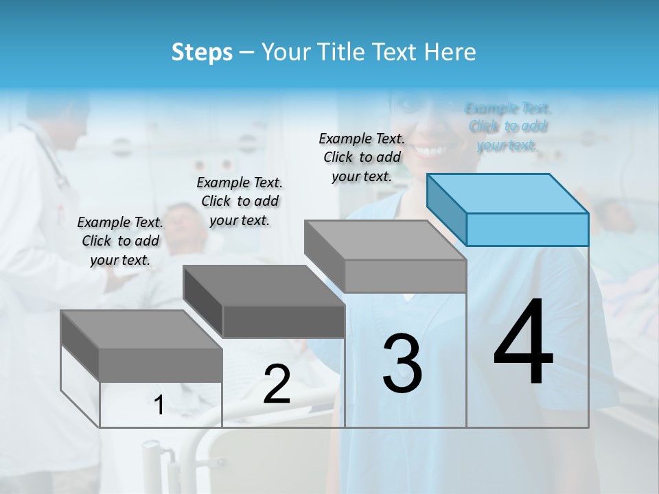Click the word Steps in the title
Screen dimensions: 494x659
202,52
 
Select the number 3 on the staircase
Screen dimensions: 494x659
402,364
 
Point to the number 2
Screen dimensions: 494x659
277,384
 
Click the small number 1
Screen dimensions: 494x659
159,405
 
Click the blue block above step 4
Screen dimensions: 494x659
508,209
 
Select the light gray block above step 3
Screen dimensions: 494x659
386,255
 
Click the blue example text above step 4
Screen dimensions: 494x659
508,126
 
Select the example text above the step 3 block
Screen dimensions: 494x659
362,157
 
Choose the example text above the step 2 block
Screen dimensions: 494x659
240,201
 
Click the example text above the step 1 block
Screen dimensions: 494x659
120,241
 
